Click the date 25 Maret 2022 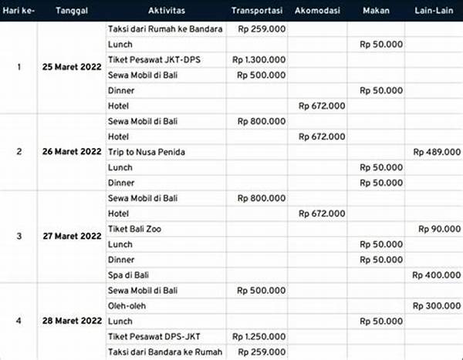tap(72, 67)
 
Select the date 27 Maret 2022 tap(72, 237)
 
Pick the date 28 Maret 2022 tap(72, 321)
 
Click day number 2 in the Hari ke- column tap(19, 152)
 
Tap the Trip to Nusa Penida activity tap(147, 152)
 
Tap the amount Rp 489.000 tap(436, 152)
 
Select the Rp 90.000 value tap(439, 229)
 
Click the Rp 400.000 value tap(436, 275)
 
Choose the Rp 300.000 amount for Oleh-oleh tap(436, 306)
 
